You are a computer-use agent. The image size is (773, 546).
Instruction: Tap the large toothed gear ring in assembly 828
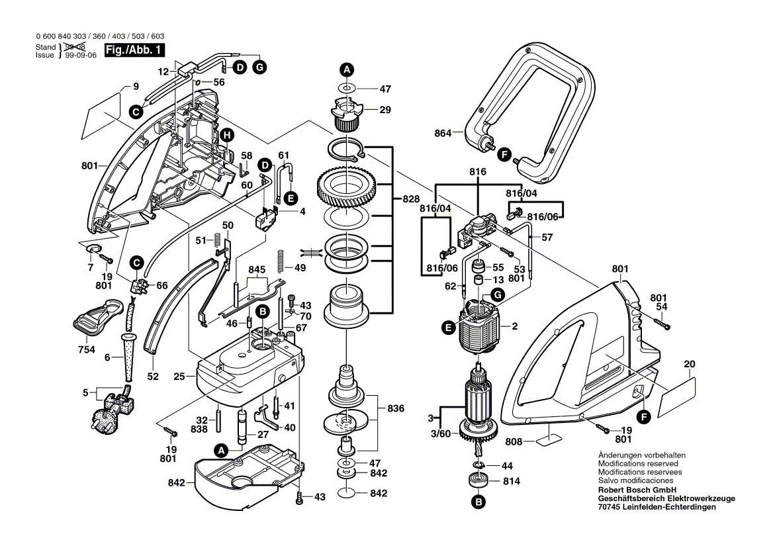(x=347, y=188)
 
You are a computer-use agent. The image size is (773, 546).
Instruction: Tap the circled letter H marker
(x=227, y=135)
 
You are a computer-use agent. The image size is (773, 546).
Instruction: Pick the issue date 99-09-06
(x=80, y=56)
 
